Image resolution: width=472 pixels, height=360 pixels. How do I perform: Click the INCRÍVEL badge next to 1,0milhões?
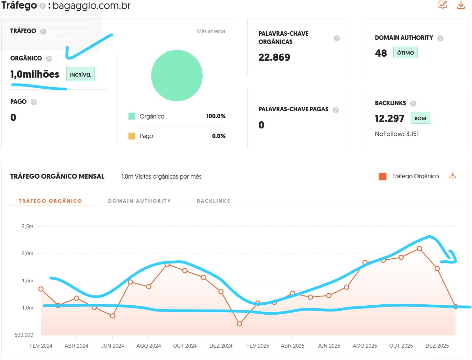click(x=80, y=75)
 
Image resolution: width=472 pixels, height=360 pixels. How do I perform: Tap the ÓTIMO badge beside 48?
click(x=405, y=53)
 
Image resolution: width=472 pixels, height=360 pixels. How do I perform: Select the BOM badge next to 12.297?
click(x=420, y=118)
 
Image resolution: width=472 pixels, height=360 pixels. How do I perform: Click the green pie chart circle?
click(x=177, y=76)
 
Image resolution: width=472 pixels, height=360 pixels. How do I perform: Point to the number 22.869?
click(x=274, y=57)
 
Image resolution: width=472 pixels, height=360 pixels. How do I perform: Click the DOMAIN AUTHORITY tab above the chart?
click(x=139, y=201)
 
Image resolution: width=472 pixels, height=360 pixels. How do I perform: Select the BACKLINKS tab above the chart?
click(x=213, y=201)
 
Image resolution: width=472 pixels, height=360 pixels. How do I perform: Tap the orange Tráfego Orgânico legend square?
click(x=382, y=177)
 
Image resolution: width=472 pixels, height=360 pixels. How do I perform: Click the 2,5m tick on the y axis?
click(x=27, y=226)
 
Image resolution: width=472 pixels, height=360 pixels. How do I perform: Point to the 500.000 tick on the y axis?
click(x=24, y=335)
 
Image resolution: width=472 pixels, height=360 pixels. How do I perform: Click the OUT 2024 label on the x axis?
click(x=185, y=346)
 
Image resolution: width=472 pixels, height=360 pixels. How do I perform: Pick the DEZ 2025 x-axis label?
click(x=437, y=346)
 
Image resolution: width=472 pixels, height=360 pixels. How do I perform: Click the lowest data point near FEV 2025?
click(x=239, y=324)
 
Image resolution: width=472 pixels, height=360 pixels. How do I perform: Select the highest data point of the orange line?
click(x=419, y=248)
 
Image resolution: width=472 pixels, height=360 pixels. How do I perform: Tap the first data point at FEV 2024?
click(x=41, y=289)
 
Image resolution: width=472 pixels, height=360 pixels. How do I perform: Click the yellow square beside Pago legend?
click(x=132, y=136)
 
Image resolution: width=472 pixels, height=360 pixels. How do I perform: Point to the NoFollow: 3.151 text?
click(x=397, y=134)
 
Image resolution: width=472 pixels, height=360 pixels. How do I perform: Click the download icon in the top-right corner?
click(x=461, y=5)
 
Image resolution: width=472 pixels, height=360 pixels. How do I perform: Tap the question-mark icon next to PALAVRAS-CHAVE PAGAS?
click(x=336, y=110)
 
